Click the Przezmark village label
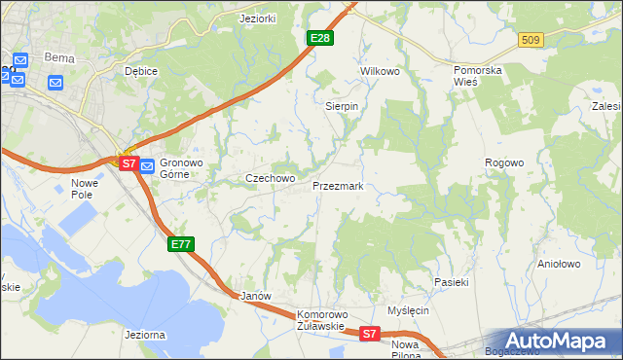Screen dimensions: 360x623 (338, 186)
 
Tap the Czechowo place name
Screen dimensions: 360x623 (270, 179)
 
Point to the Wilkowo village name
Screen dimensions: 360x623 (381, 72)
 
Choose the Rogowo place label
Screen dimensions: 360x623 (505, 162)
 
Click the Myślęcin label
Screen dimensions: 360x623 (408, 310)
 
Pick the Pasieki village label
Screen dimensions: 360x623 (452, 282)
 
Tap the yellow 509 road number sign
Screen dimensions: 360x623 (531, 40)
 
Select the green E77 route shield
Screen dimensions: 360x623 (181, 244)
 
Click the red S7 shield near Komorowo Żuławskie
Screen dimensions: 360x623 (369, 334)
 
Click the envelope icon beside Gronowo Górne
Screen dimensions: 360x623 (147, 166)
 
